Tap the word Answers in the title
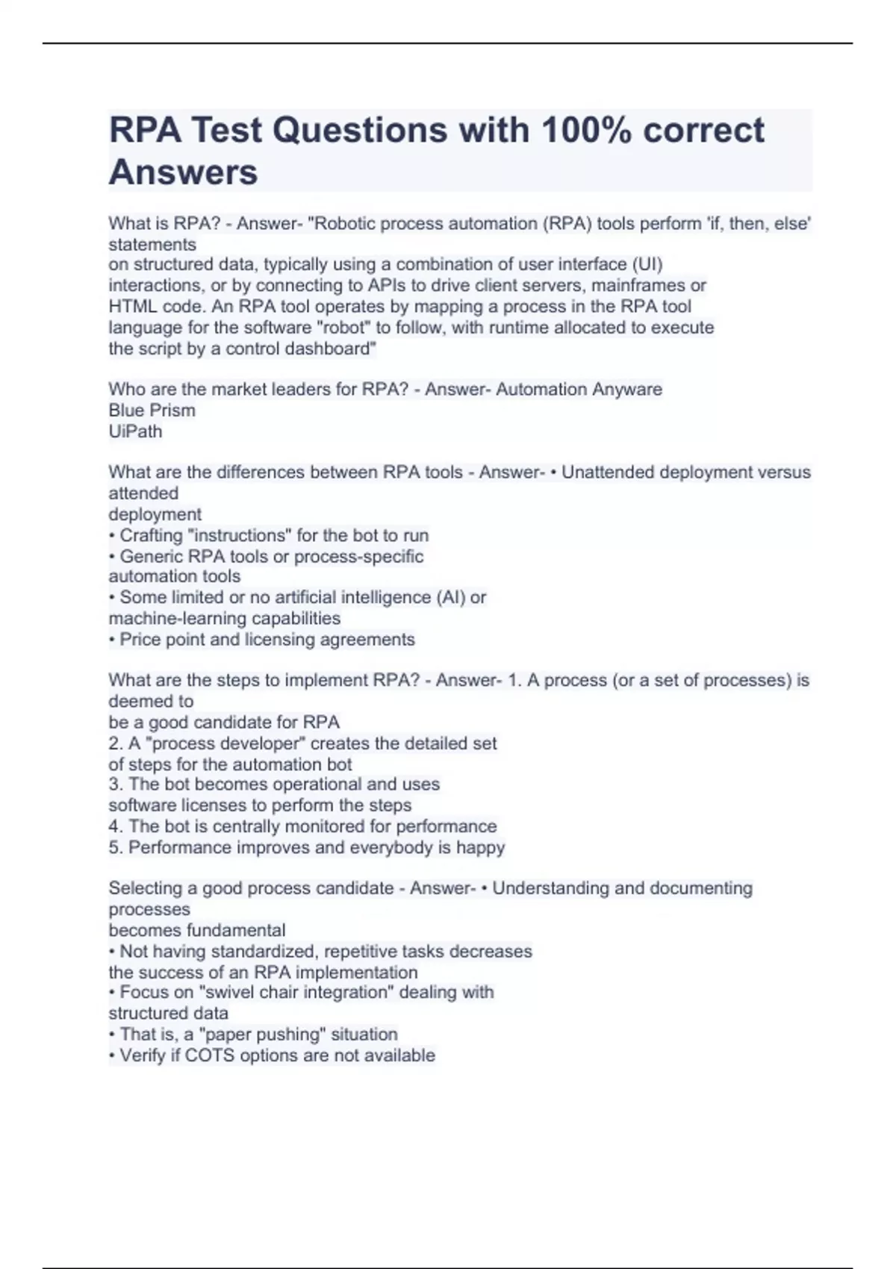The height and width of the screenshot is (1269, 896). [x=183, y=172]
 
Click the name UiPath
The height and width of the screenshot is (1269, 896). [x=135, y=431]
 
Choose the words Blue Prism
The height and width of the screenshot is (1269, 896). [x=152, y=411]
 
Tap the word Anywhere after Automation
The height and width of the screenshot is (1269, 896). [x=626, y=390]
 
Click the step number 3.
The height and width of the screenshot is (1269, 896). [x=113, y=785]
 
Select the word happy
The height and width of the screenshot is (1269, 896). [x=481, y=848]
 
